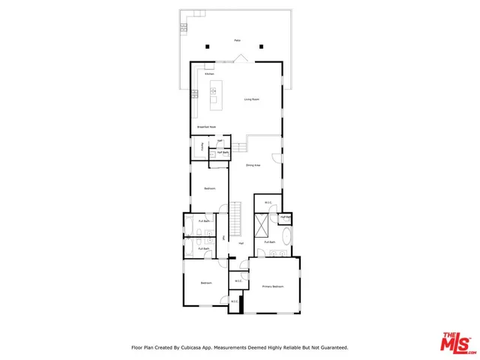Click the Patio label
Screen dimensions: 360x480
[x=237, y=40]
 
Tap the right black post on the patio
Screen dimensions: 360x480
[x=261, y=46]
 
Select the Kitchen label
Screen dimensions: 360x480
[x=210, y=73]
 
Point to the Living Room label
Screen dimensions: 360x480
[x=251, y=99]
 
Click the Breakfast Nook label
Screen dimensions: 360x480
[x=206, y=127]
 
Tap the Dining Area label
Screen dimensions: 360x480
[x=253, y=165]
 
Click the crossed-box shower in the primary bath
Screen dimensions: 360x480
[x=262, y=225]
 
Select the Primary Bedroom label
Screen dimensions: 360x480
[x=272, y=286]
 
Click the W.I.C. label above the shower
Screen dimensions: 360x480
[x=268, y=202]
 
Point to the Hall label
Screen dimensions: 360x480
[x=241, y=243]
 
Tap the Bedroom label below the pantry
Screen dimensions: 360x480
[x=210, y=188]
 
